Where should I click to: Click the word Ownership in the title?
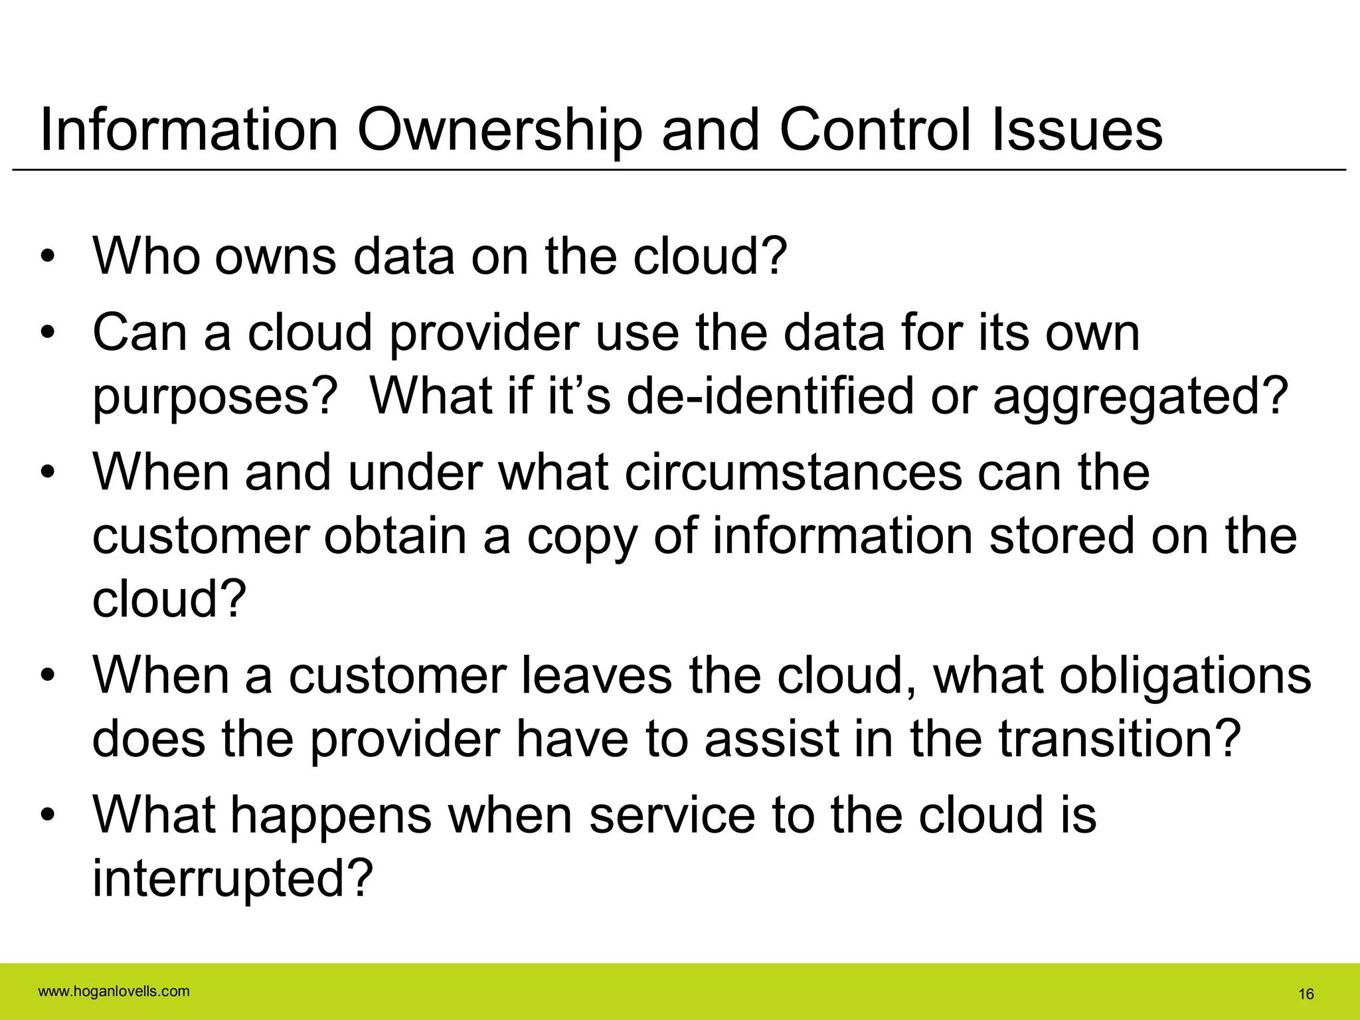pyautogui.click(x=500, y=130)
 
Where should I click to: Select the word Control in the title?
pyautogui.click(x=875, y=130)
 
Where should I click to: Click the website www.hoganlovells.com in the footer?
pyautogui.click(x=114, y=992)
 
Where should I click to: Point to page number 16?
pyautogui.click(x=1306, y=994)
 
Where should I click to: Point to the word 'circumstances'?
pyautogui.click(x=794, y=473)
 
